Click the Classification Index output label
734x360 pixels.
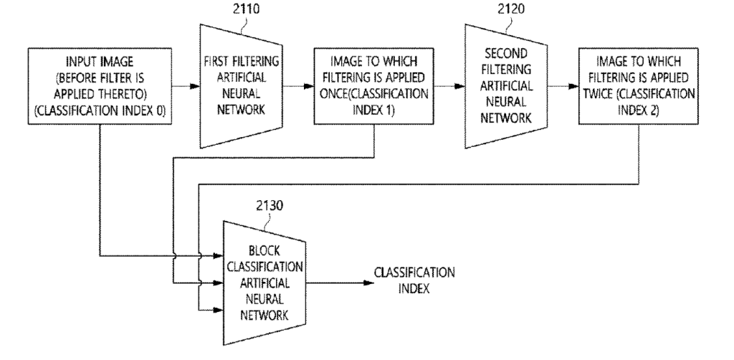(414, 280)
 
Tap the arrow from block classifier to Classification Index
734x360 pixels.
(340, 283)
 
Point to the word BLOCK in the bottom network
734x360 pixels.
(264, 252)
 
